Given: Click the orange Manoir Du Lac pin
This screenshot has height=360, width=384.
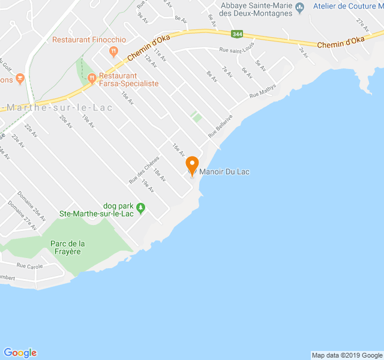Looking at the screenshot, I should (192, 164).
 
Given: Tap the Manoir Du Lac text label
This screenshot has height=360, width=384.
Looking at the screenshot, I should (225, 172).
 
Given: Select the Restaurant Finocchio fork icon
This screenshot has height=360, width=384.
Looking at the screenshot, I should (113, 52).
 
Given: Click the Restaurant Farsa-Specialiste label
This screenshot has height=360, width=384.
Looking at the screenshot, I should (128, 80).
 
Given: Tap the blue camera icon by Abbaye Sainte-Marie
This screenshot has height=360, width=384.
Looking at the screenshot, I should (301, 7).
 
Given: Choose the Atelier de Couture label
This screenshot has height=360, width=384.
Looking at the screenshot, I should (347, 6).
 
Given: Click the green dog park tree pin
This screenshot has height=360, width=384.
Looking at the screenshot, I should (141, 208).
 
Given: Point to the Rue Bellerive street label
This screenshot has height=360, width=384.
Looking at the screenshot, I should (220, 127).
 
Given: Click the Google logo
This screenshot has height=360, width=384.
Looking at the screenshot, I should (20, 353).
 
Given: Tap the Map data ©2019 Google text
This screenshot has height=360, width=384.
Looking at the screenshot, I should (346, 355).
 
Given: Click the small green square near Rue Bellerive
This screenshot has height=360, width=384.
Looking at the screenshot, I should (196, 117).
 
